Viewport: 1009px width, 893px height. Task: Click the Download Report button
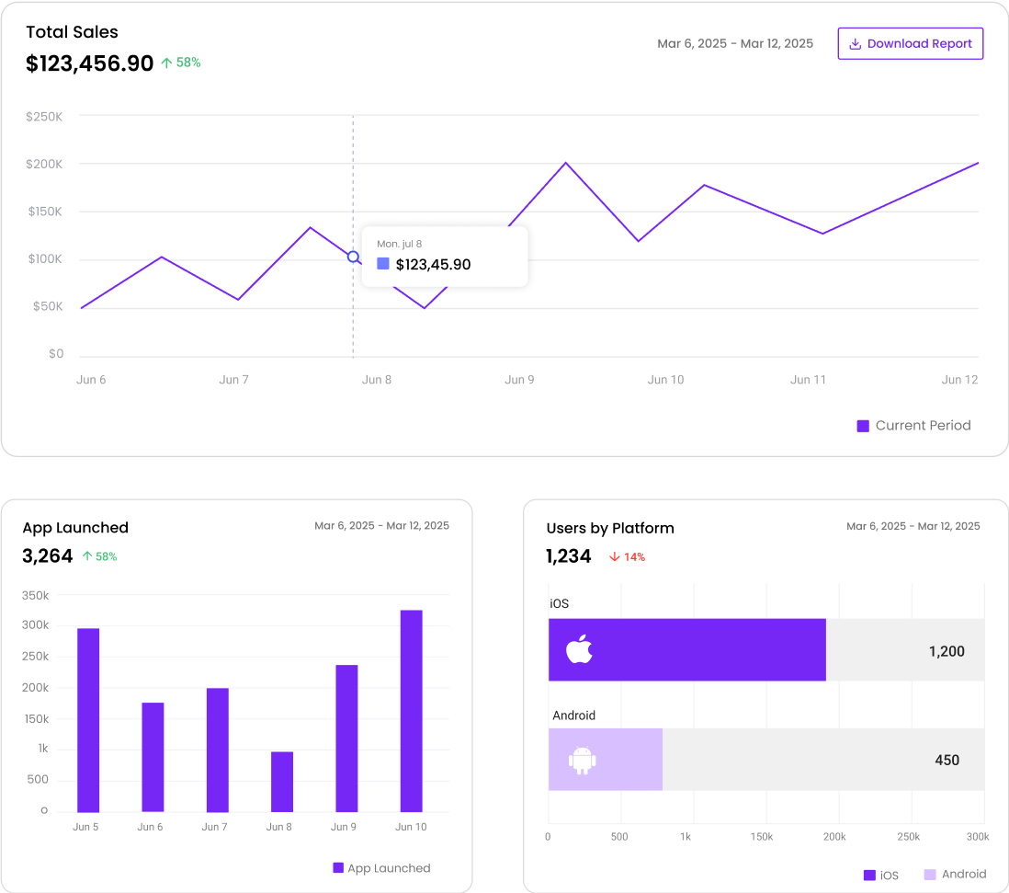click(x=910, y=43)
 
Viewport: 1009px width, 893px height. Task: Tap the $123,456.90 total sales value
click(x=89, y=63)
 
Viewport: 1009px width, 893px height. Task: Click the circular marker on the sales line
click(x=353, y=257)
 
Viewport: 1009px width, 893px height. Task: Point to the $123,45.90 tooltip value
click(x=433, y=265)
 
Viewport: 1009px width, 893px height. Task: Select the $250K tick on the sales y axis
click(x=44, y=117)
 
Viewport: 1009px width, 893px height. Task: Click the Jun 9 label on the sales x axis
click(x=519, y=380)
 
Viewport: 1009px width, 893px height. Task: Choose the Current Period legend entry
click(x=913, y=426)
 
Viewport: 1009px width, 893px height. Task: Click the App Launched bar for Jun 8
click(x=282, y=782)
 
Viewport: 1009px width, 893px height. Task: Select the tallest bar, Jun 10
click(x=411, y=711)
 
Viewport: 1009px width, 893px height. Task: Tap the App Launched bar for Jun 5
click(x=88, y=720)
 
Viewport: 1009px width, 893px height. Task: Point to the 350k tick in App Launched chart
click(x=35, y=596)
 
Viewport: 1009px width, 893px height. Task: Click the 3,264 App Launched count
click(x=48, y=556)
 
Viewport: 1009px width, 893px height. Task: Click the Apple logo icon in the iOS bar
click(x=579, y=650)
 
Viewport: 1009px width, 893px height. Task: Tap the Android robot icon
click(x=583, y=760)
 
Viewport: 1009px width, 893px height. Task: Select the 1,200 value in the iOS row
click(x=946, y=651)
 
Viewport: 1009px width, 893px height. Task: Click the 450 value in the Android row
click(x=947, y=760)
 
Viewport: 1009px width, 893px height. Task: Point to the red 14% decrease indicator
click(x=627, y=556)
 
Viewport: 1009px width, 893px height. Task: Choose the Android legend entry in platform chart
click(x=955, y=875)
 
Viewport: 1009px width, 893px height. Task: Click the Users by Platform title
click(x=610, y=528)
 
